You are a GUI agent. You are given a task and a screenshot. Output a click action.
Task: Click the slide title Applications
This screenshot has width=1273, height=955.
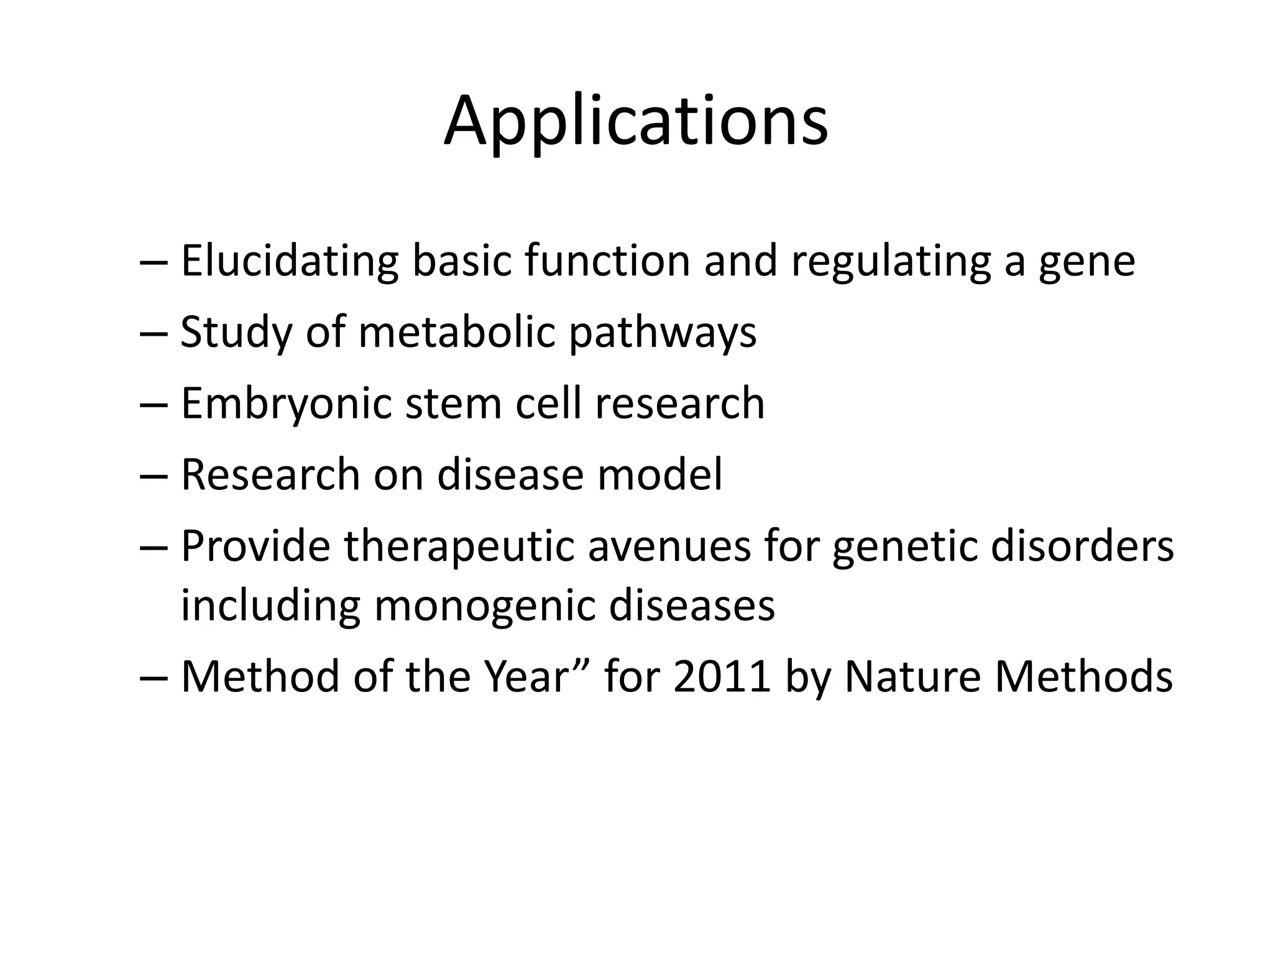coord(635,121)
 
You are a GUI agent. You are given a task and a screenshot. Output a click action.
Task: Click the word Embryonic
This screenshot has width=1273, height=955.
coord(285,405)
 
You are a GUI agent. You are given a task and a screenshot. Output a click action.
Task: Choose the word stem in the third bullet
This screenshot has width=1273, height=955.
coord(453,404)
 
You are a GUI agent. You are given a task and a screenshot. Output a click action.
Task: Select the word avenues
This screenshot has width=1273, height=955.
coord(669,547)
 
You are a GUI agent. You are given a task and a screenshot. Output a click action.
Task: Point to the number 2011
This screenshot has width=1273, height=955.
coord(721,676)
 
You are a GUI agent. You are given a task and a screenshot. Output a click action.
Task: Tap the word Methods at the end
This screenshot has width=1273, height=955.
coord(1083,676)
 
